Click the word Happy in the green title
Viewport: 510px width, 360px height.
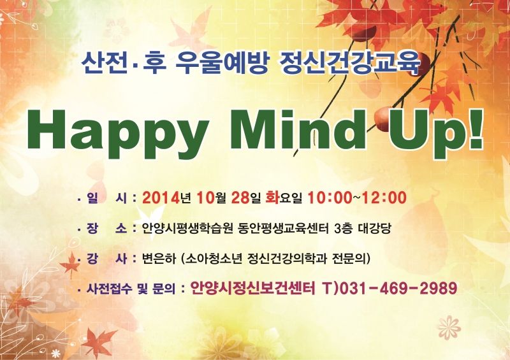coord(118,134)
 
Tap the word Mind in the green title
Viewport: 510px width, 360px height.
coord(298,129)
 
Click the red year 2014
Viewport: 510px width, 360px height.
coord(161,198)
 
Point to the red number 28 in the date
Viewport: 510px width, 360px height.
coord(240,198)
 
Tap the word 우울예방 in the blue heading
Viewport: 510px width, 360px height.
coord(221,62)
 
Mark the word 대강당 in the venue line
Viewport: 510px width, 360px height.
coord(374,229)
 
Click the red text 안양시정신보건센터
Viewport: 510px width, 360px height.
coord(252,288)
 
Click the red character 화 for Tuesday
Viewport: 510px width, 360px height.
coord(273,198)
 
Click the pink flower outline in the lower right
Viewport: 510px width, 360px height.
coord(449,328)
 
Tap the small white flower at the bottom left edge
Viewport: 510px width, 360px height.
coord(56,354)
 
